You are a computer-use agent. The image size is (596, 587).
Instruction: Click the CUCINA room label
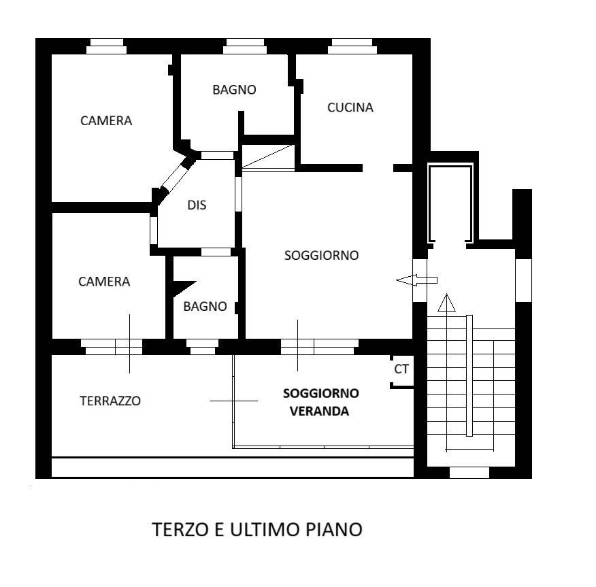[350, 107]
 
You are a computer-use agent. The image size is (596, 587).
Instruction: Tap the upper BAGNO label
[234, 90]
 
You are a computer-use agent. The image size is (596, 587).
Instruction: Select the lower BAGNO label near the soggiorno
[205, 306]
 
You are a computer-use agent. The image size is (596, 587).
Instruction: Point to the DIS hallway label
[197, 205]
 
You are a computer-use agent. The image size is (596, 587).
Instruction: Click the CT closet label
[401, 369]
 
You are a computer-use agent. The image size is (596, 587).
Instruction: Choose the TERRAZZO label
[110, 401]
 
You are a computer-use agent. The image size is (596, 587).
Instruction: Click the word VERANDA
[319, 411]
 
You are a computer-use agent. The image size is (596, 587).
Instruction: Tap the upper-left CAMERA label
[106, 121]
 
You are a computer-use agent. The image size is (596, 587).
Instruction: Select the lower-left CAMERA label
[104, 282]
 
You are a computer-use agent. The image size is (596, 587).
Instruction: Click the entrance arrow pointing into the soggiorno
[416, 280]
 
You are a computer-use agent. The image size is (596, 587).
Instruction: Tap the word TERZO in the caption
[180, 529]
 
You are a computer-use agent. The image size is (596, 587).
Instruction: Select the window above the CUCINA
[352, 46]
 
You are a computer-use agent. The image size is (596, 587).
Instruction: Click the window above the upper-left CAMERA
[106, 46]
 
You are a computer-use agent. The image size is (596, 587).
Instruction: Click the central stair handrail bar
[469, 375]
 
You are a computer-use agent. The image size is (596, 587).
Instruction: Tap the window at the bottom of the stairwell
[469, 473]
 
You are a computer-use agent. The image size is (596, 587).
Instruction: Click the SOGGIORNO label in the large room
[322, 255]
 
